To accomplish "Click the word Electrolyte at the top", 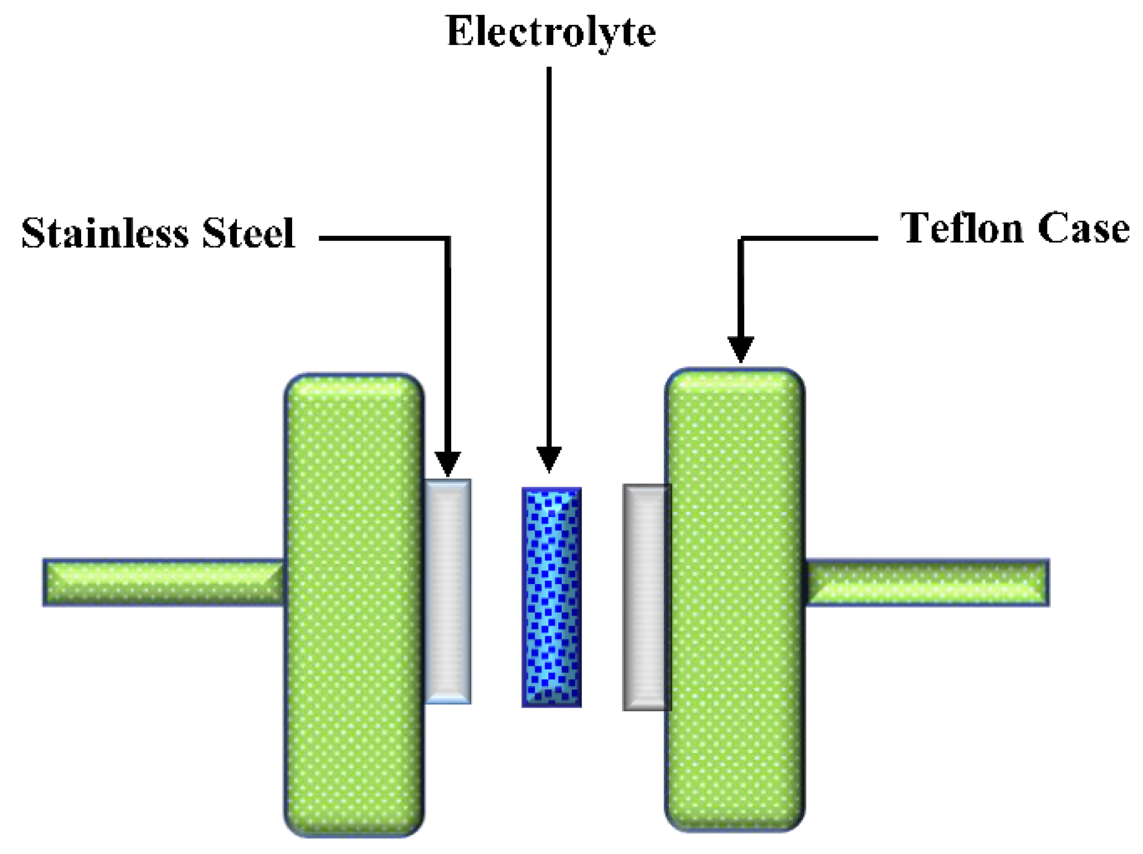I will (550, 32).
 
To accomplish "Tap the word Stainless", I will (104, 233).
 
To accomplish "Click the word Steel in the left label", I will (248, 233).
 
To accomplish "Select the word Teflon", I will (961, 228).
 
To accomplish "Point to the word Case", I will (1083, 228).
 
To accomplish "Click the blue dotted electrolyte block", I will (551, 597).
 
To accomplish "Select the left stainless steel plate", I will (448, 591).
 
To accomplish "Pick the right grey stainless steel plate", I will (646, 597).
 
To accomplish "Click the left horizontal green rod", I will (164, 582).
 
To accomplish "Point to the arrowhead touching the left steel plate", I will (448, 463).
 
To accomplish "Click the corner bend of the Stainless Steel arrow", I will (448, 238).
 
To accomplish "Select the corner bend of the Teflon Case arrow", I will (741, 238).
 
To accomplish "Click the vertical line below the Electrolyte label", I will (549, 254).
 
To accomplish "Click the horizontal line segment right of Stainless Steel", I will (383, 238).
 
